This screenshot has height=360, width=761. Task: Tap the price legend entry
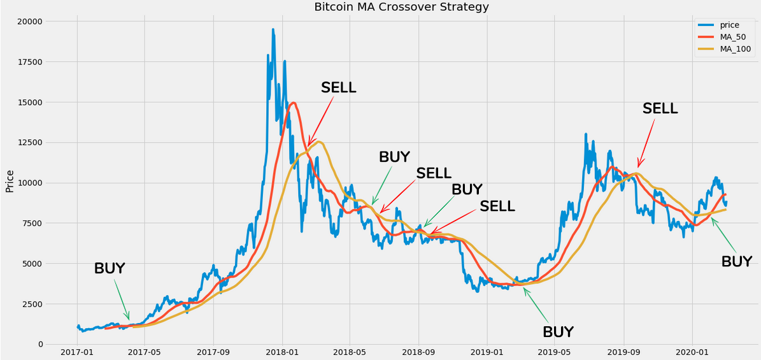(729, 25)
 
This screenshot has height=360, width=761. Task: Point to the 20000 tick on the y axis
(29, 22)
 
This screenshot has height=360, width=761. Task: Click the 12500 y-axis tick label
(29, 143)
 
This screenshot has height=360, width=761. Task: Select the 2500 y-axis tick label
(32, 304)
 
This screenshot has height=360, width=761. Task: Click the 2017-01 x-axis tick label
(78, 352)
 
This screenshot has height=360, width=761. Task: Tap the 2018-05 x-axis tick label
(350, 352)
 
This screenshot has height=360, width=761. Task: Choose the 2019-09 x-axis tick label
(623, 352)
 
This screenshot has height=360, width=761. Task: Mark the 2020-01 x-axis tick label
(692, 352)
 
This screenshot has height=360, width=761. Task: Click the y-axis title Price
(10, 181)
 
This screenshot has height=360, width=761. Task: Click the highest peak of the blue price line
(273, 29)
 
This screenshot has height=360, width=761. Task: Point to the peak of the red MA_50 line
(294, 103)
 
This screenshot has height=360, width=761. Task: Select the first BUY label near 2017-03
(110, 269)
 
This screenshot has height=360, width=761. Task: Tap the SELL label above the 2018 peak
(338, 88)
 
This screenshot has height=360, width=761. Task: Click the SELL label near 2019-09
(660, 108)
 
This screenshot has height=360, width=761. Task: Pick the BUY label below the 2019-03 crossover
(558, 332)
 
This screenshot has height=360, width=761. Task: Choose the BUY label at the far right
(737, 262)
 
